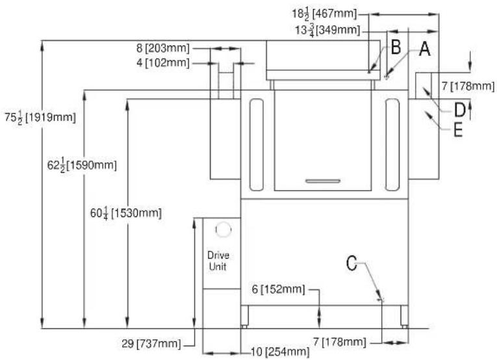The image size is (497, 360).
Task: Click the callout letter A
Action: click(425, 49)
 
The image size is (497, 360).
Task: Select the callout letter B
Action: click(396, 47)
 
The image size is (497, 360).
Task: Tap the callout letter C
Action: click(351, 263)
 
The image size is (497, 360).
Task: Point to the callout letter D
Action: click(459, 110)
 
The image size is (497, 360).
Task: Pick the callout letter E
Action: click(458, 129)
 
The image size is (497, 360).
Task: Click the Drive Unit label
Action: click(218, 261)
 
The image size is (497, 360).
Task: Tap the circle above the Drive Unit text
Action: click(223, 229)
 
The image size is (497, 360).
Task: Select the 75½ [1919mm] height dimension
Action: click(40, 117)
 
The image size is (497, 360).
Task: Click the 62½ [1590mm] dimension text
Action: click(82, 165)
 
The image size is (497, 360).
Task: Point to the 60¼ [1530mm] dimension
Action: click(126, 212)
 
